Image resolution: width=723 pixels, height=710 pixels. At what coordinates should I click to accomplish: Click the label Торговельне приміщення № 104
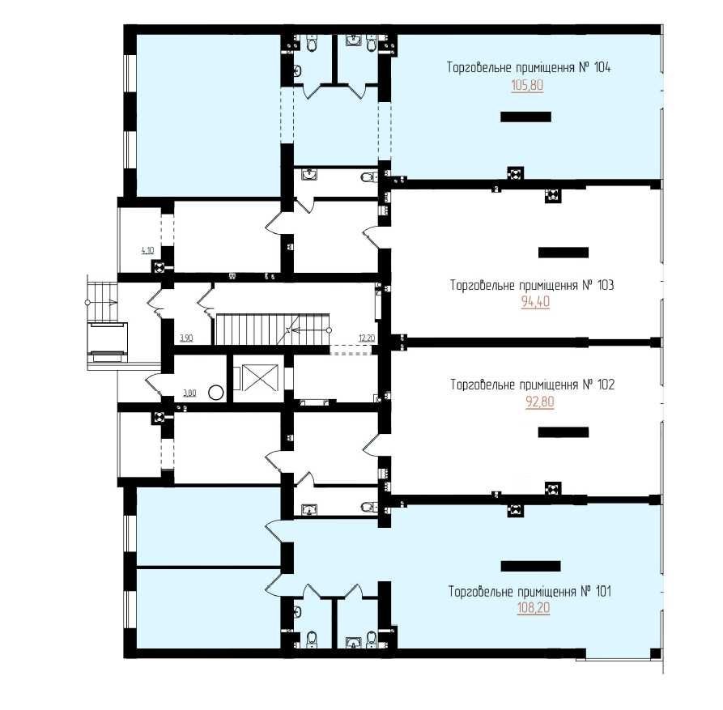[x=529, y=67]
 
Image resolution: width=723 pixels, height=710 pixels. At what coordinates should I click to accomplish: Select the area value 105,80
[x=528, y=85]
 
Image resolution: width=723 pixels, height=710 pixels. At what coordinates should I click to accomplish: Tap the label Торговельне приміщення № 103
[x=532, y=285]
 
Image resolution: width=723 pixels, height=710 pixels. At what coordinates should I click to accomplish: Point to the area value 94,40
[x=535, y=302]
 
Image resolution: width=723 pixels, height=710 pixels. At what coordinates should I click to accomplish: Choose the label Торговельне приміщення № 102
[x=533, y=385]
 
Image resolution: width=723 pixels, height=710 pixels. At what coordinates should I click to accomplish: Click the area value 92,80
[x=540, y=402]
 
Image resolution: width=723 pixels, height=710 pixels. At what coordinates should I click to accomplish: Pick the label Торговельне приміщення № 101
[x=529, y=591]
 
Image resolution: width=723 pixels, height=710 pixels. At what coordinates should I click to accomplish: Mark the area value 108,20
[x=534, y=608]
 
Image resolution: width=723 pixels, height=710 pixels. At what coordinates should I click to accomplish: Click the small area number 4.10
[x=147, y=250]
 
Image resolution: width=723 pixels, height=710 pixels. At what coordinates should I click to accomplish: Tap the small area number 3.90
[x=186, y=338]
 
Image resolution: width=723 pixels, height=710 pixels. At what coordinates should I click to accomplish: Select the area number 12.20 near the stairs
[x=367, y=338]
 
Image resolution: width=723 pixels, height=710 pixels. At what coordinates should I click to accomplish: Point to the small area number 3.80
[x=189, y=393]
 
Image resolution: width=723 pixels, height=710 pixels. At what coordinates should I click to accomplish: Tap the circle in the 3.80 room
[x=216, y=393]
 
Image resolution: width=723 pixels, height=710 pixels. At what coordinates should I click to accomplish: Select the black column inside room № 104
[x=525, y=117]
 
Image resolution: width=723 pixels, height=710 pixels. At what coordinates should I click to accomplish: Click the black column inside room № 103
[x=564, y=253]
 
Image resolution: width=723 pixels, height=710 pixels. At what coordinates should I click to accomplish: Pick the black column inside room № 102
[x=564, y=432]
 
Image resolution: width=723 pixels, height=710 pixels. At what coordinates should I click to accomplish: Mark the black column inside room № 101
[x=531, y=566]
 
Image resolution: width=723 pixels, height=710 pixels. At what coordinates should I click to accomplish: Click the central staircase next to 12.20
[x=273, y=329]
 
